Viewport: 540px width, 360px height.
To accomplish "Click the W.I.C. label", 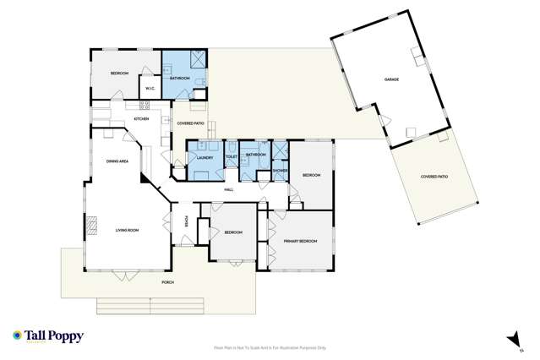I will [x=149, y=89].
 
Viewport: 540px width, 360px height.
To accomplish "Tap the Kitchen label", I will [x=141, y=118].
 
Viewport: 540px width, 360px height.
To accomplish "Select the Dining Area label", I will [x=117, y=161].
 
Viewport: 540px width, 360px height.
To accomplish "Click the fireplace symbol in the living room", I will [x=91, y=225].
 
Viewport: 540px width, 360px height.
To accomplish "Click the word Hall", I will [x=228, y=189].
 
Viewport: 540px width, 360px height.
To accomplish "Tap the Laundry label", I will [x=204, y=158].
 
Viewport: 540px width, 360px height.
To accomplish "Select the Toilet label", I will [x=231, y=156].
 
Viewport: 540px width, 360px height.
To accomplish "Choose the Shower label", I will [x=280, y=170].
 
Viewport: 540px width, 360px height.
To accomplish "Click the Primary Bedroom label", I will [x=300, y=241].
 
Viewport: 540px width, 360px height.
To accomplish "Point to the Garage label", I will [x=391, y=79].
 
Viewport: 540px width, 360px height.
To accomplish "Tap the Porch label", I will [x=167, y=281].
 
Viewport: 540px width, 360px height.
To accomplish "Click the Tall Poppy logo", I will [x=48, y=336].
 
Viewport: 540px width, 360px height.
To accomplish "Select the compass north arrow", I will [x=510, y=340].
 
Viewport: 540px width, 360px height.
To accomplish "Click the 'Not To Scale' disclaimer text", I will [x=270, y=347].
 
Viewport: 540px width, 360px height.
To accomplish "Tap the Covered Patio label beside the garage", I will [x=434, y=177].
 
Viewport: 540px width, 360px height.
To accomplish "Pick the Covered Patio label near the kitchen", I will [x=191, y=123].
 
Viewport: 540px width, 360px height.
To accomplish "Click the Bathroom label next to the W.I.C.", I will [x=180, y=78].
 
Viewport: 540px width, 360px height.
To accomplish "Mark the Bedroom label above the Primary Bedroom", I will [x=312, y=175].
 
